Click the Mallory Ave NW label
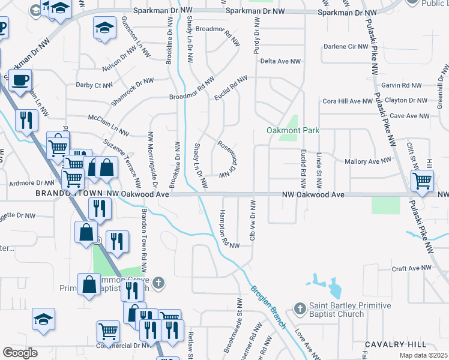click(368, 161)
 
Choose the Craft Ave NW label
click(412, 268)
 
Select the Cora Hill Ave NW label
click(348, 101)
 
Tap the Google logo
click(20, 352)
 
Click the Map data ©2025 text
click(423, 356)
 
